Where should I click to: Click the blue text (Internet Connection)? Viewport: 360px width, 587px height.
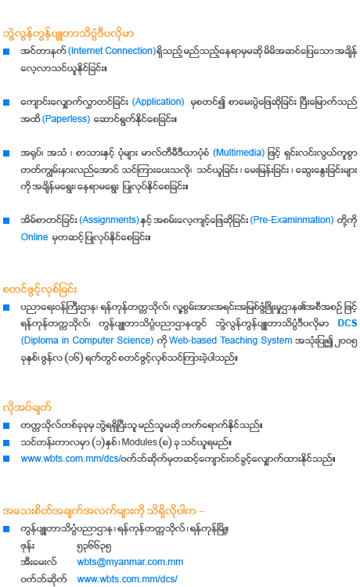pos(111,51)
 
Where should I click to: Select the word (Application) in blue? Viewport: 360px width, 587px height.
pos(158,102)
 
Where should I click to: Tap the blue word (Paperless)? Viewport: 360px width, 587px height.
pos(67,119)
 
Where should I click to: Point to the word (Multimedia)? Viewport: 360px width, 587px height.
pos(239,153)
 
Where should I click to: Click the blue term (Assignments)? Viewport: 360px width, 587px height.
pos(110,220)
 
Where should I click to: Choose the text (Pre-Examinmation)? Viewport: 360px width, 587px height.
pos(292,220)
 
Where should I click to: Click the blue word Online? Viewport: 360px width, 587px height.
pos(34,237)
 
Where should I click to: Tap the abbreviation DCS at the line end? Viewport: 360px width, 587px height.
pos(347,323)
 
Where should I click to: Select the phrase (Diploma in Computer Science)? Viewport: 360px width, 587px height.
pos(87,340)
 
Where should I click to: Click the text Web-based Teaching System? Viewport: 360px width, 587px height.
pos(231,340)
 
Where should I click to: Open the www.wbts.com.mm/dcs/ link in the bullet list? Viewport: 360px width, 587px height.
pos(70,459)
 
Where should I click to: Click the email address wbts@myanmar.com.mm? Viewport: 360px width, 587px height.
pos(130,562)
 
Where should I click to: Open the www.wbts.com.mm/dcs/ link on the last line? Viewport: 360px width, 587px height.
pos(128,579)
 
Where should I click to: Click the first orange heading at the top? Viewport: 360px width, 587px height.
pos(68,34)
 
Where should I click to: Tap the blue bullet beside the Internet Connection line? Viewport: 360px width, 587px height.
pos(6,52)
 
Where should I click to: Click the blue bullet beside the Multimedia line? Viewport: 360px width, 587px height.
pos(6,153)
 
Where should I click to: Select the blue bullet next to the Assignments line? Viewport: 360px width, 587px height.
pos(6,221)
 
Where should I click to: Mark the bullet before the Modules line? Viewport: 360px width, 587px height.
pos(6,443)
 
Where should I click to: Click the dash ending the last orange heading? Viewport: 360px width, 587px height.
pos(202,511)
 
